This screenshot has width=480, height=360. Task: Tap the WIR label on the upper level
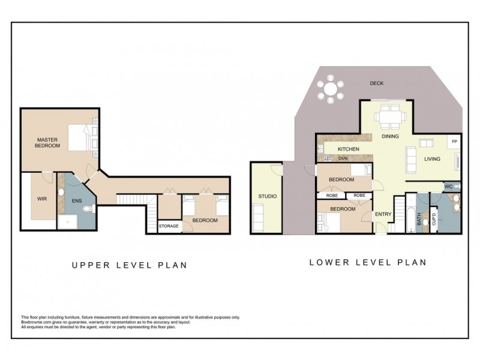(x=42, y=198)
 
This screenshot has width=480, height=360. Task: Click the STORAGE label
(x=169, y=226)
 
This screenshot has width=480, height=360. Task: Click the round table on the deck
(x=331, y=90)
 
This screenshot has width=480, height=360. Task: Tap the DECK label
(x=376, y=83)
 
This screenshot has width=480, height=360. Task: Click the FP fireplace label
(x=454, y=142)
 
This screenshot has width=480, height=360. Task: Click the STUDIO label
(x=267, y=196)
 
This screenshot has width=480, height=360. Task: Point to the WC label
(x=448, y=187)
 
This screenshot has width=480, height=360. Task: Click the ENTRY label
(x=383, y=214)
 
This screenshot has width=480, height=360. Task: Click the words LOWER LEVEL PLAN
(x=367, y=262)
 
